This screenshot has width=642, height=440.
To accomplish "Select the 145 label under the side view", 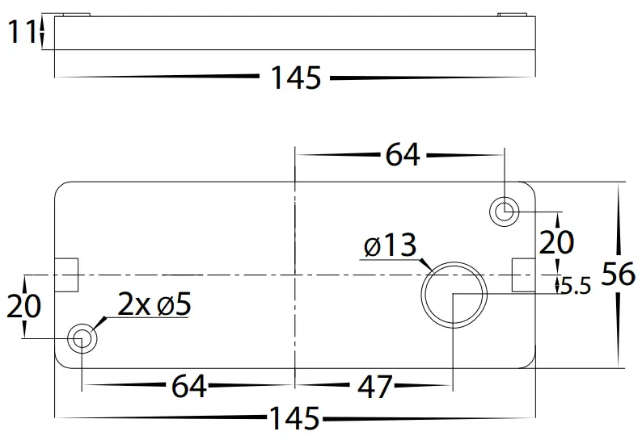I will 295,78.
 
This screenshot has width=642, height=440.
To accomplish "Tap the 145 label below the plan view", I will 295,419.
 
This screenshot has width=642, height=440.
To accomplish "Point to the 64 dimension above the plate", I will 402,153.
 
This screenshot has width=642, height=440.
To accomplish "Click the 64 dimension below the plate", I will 188,387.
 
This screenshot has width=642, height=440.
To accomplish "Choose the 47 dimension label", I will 374,387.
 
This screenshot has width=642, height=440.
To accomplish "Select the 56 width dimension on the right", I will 619,275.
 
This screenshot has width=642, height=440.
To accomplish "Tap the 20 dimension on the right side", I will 557,241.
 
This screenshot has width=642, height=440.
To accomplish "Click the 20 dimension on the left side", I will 24,306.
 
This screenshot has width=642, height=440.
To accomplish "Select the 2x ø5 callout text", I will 154,305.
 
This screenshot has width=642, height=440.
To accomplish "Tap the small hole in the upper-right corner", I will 505,212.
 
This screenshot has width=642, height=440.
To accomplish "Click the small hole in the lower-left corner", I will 81,338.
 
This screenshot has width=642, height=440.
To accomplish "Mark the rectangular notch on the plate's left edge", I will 66,275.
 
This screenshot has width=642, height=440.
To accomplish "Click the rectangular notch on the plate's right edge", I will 523,275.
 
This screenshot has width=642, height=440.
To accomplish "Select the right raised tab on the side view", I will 511,15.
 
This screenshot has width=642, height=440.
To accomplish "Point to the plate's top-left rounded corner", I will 61,188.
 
